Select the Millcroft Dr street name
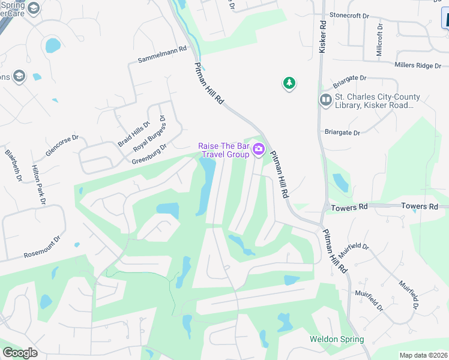(379, 41)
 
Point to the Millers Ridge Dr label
(418, 65)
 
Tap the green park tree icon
(289, 83)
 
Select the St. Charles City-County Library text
(378, 101)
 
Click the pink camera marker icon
(259, 149)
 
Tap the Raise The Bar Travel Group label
(224, 150)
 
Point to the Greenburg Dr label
(149, 154)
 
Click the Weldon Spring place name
(337, 339)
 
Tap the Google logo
(20, 352)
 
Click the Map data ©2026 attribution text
(424, 355)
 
